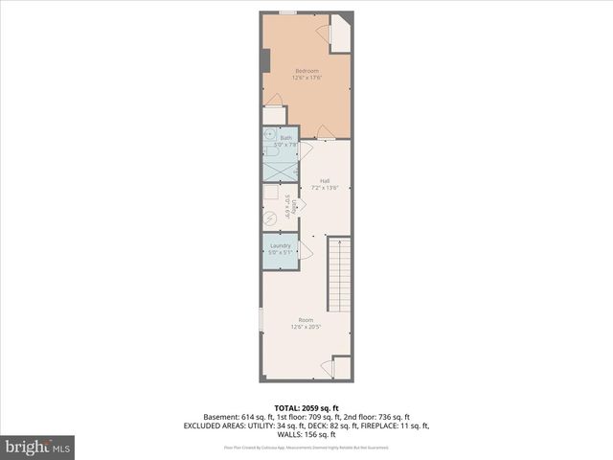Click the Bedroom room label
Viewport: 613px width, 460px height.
click(306, 72)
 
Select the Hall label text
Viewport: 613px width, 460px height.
click(325, 180)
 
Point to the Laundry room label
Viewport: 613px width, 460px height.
click(280, 245)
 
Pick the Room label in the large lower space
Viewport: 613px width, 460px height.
click(306, 319)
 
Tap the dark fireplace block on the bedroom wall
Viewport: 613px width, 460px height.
click(265, 59)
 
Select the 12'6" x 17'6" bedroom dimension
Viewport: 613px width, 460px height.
click(306, 79)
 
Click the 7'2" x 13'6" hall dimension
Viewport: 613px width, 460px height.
click(325, 188)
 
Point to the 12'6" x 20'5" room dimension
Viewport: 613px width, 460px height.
click(306, 327)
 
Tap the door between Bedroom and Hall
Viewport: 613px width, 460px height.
click(325, 132)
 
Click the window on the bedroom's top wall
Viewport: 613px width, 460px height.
click(287, 12)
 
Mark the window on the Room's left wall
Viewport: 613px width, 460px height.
click(261, 320)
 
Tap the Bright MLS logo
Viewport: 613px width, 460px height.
click(38, 446)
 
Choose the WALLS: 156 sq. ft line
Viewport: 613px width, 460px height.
click(306, 433)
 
